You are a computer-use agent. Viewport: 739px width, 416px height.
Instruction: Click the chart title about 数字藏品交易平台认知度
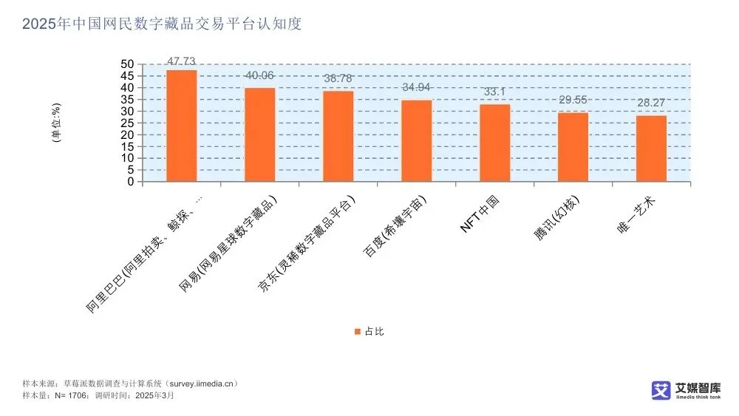[x=162, y=24]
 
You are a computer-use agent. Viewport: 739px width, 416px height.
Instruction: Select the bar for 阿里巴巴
[x=181, y=126]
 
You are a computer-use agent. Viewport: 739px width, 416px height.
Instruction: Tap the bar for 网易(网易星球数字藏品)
[x=259, y=134]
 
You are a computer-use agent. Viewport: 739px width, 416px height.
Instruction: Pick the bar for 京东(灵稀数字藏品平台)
[x=338, y=136]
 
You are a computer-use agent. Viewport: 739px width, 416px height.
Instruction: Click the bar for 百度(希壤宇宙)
[x=416, y=140]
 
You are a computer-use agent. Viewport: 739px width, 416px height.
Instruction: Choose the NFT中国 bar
[x=494, y=143]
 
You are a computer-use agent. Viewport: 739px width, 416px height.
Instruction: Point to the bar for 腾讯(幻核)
[x=573, y=147]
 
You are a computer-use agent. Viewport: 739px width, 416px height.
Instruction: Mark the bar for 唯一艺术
[x=651, y=149]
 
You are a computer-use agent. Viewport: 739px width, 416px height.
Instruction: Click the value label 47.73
[x=182, y=61]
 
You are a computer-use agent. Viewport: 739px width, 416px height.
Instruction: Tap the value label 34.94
[x=417, y=87]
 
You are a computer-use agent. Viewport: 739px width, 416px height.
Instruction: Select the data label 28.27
[x=651, y=103]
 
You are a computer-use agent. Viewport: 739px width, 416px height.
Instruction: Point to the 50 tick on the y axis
[x=127, y=64]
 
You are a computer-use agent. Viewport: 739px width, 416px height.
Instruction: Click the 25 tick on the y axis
[x=127, y=123]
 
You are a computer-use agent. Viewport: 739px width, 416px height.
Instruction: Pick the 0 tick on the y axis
[x=130, y=181]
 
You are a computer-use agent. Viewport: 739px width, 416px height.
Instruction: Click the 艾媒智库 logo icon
[x=660, y=390]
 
